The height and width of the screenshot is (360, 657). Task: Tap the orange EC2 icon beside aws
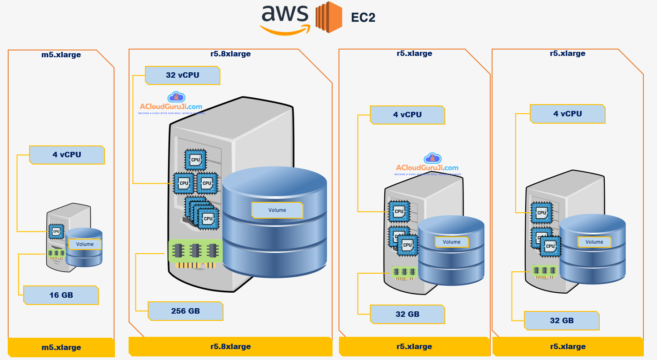click(x=328, y=18)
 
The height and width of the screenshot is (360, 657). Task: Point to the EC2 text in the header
click(x=363, y=18)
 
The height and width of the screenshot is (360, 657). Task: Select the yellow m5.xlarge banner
click(x=61, y=347)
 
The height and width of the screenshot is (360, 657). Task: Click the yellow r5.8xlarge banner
click(x=230, y=346)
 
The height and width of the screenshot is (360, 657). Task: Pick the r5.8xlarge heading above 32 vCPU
click(x=230, y=54)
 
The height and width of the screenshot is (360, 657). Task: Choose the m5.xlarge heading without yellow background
click(x=61, y=55)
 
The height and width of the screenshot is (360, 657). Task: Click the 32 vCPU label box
click(x=182, y=75)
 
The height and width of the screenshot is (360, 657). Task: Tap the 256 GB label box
click(x=185, y=311)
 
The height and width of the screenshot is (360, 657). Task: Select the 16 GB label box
click(x=61, y=295)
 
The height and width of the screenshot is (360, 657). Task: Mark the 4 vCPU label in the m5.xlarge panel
click(x=67, y=155)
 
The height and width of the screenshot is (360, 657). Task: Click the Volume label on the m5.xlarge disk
click(x=85, y=244)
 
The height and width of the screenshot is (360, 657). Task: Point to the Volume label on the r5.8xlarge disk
click(x=277, y=210)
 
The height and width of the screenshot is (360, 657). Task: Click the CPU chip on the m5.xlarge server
click(x=56, y=231)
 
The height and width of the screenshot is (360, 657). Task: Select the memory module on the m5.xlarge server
click(x=56, y=254)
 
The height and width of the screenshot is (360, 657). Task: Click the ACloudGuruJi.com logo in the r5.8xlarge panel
click(x=171, y=104)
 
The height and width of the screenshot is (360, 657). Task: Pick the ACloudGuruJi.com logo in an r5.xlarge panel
click(x=427, y=165)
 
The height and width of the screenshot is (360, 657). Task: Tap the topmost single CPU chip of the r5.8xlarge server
click(x=195, y=160)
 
